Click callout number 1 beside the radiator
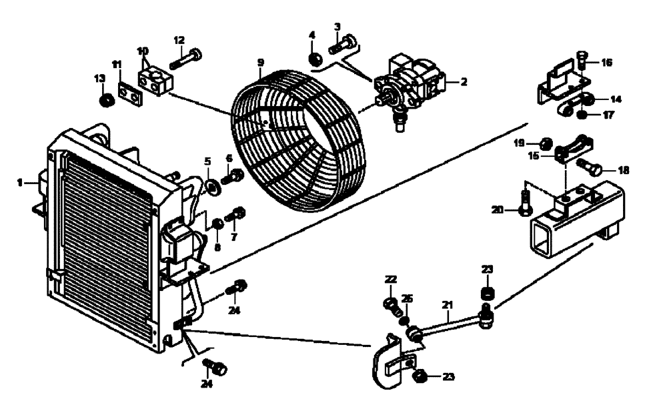coord(20,181)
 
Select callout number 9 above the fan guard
coord(261,62)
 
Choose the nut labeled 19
coord(545,142)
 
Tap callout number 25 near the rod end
coord(408,299)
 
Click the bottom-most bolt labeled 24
coord(217,369)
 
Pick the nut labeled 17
coord(582,115)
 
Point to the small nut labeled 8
coord(217,222)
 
